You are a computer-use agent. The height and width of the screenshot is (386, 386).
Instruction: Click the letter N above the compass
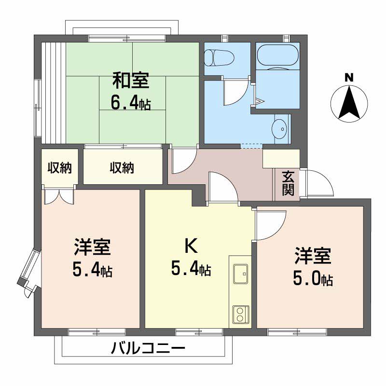pos(349,77)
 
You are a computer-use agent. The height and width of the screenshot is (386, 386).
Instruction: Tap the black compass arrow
pos(349,102)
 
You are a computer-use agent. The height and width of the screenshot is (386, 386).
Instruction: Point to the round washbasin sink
pos(279,129)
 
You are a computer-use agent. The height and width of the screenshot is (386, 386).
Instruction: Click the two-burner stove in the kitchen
pos(240,314)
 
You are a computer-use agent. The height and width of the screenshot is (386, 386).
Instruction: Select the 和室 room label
pos(131,80)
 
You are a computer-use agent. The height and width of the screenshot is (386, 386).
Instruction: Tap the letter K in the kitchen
pos(191,247)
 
